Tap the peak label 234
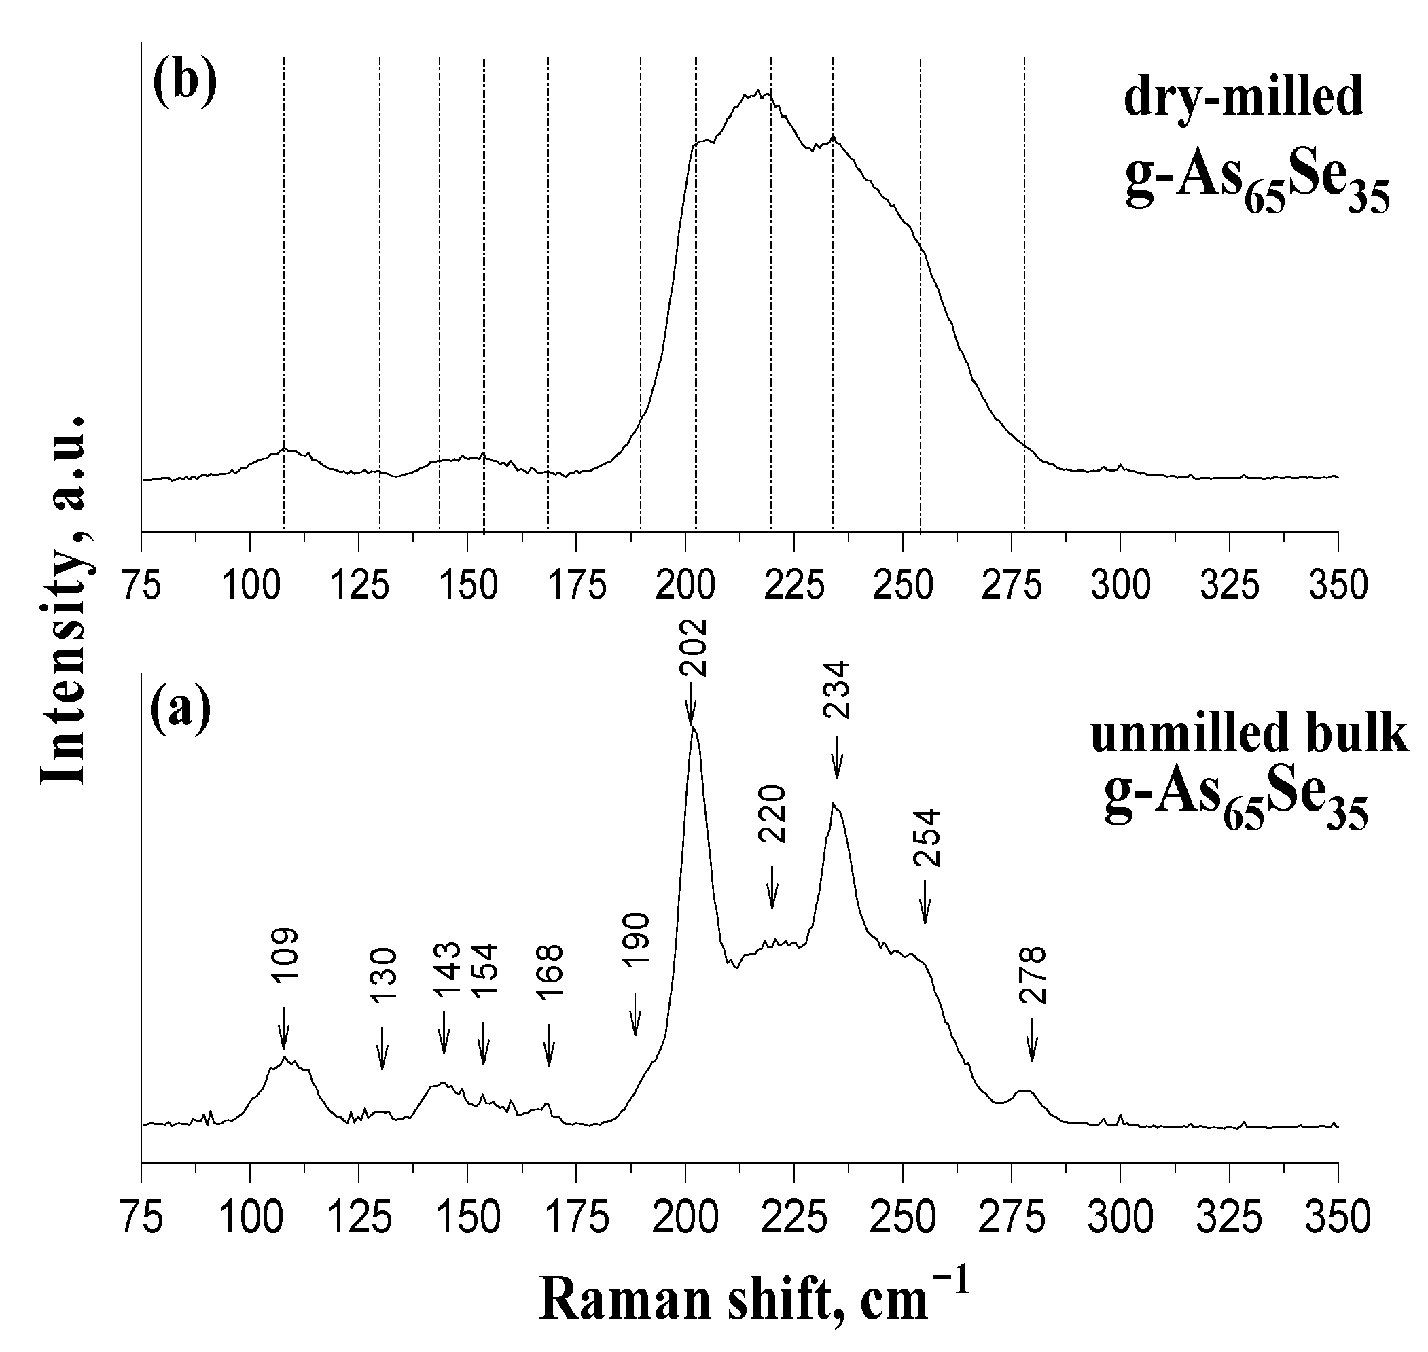click(837, 690)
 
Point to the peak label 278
click(1032, 975)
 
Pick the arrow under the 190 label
click(635, 1014)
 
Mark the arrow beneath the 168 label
click(549, 1044)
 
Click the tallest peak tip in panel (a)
click(693, 727)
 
